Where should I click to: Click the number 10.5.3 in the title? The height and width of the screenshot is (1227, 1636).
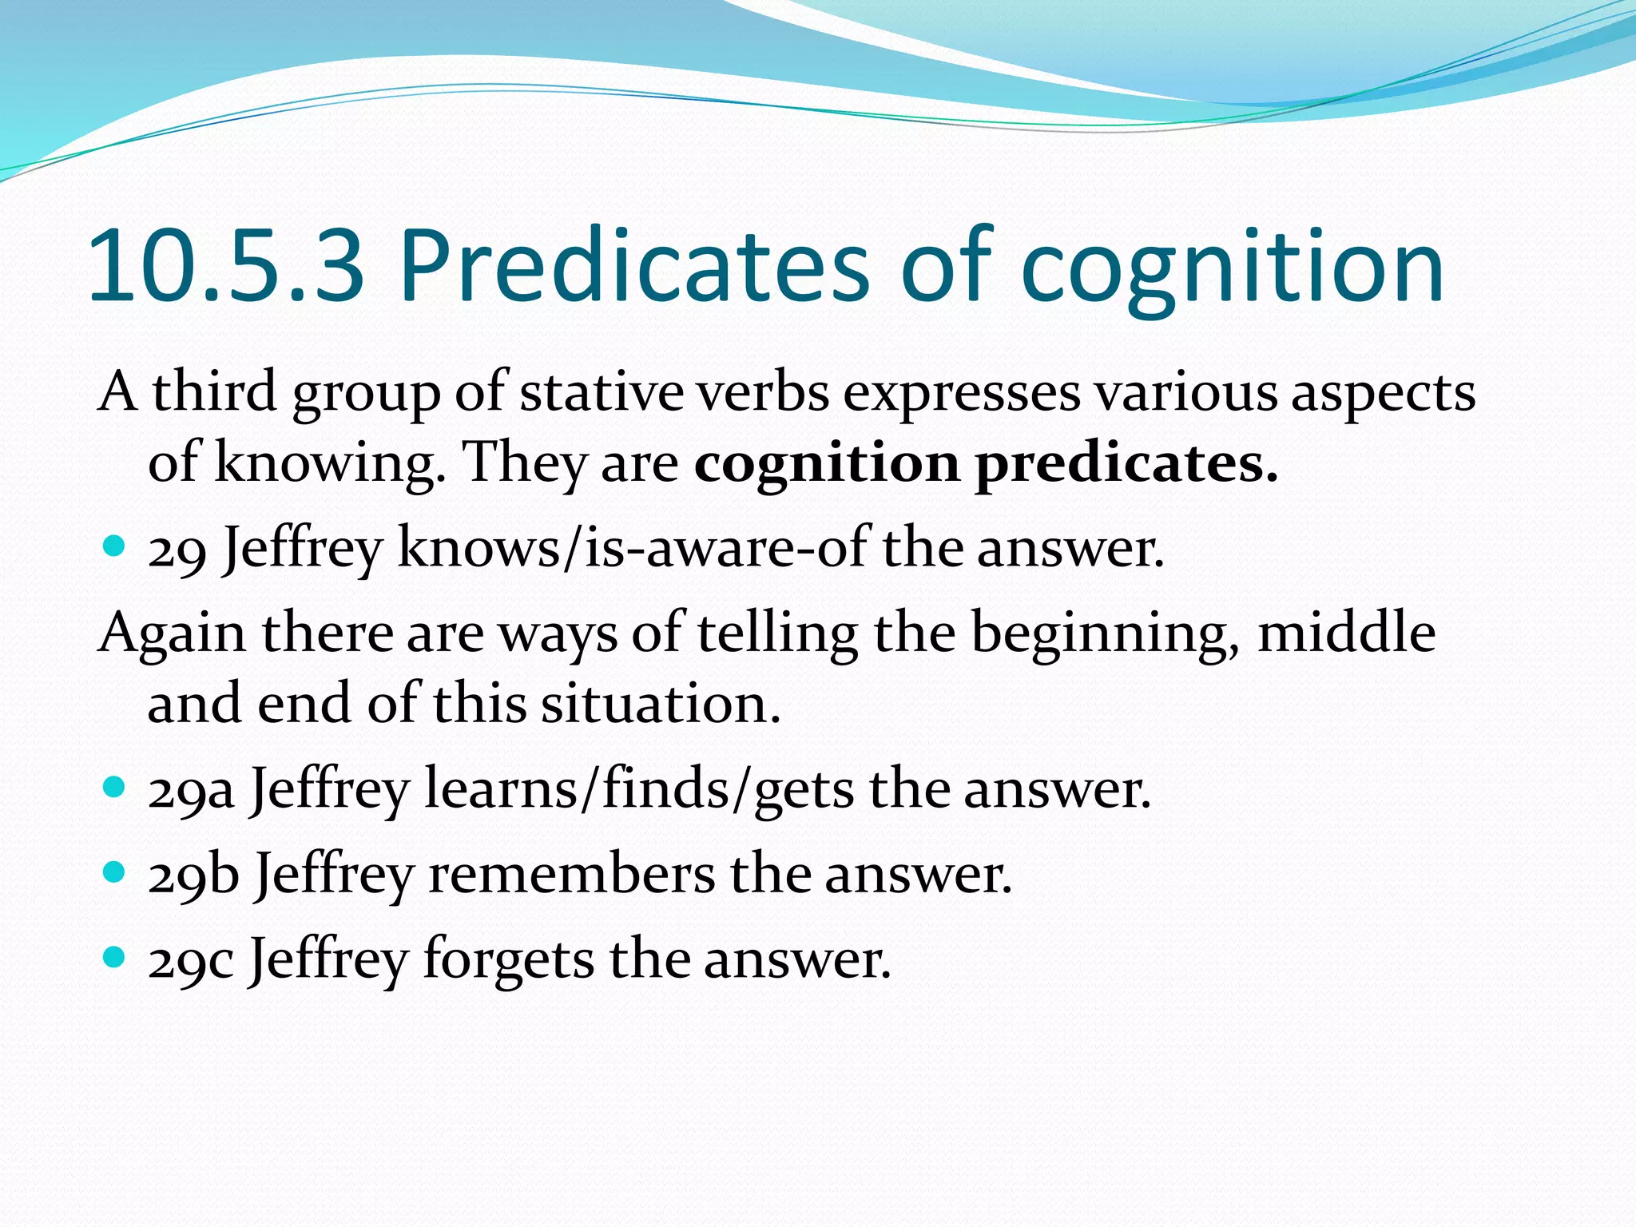point(226,268)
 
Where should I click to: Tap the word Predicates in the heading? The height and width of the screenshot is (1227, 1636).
point(633,268)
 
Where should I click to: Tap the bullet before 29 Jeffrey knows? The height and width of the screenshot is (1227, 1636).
point(115,546)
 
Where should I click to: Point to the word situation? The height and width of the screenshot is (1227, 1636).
point(660,705)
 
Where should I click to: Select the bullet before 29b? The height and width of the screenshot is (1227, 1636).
point(115,872)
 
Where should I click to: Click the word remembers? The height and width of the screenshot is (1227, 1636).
point(571,875)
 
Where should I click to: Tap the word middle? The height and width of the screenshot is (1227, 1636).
point(1346,633)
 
